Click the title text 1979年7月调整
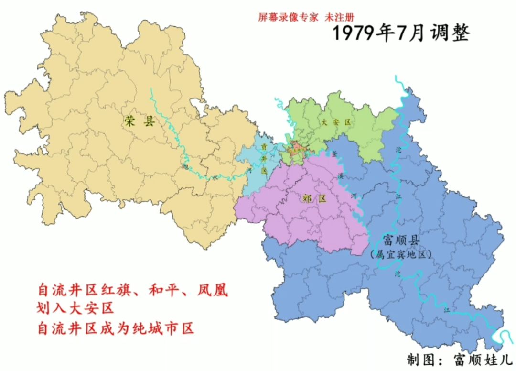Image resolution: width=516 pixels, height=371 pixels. [401, 33]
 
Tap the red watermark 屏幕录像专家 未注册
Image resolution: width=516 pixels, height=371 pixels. [305, 17]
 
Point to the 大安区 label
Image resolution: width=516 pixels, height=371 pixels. [336, 122]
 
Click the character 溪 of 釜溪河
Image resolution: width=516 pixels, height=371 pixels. [341, 176]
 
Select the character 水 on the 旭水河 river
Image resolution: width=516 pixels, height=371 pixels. [215, 177]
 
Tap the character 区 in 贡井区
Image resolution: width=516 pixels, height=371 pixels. [263, 170]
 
